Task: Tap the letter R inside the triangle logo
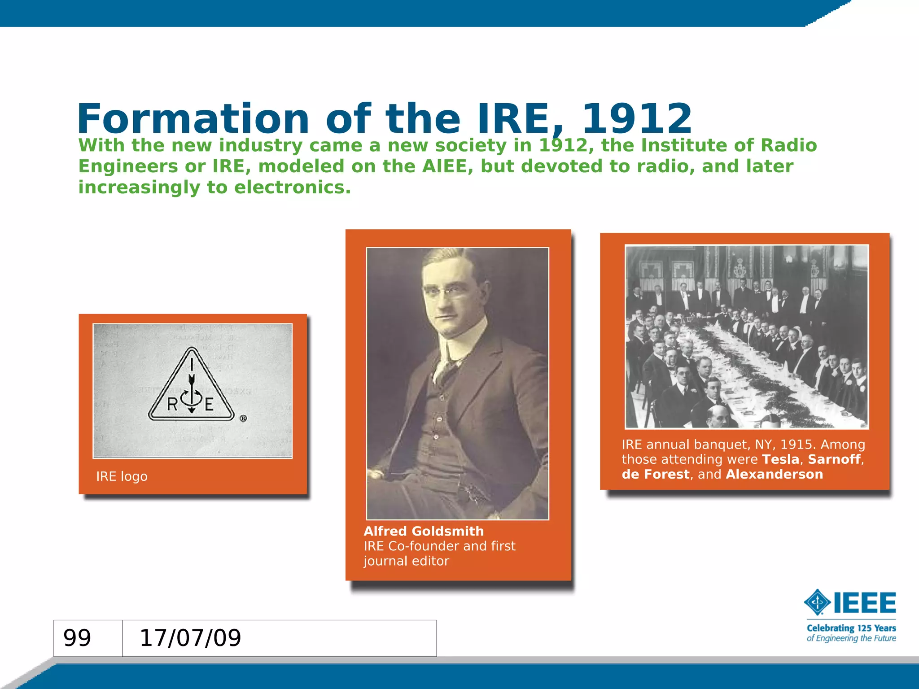point(172,405)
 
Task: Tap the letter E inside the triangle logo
point(209,405)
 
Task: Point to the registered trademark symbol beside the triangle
point(243,419)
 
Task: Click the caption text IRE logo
point(122,476)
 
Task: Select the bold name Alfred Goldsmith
point(424,531)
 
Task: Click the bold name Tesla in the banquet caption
point(781,459)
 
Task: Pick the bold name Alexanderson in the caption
point(774,474)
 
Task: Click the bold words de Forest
point(655,474)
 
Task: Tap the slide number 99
point(77,638)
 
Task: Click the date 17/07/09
point(190,638)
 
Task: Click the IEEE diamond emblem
point(818,602)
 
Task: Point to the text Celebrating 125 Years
point(851,628)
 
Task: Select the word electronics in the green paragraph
point(292,188)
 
